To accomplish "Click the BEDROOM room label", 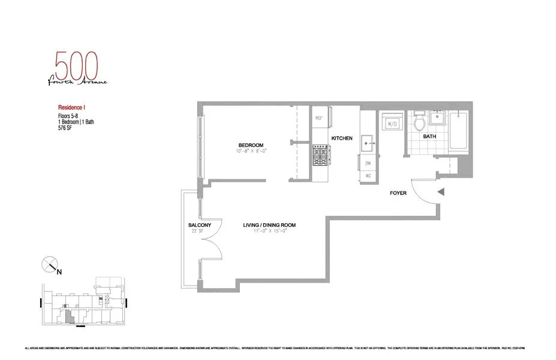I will (251, 145).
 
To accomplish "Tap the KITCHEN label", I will (341, 139).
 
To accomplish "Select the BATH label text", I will (429, 137).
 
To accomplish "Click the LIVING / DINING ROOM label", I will (269, 225).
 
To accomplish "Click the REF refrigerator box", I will (319, 118).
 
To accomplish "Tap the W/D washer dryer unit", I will (393, 124).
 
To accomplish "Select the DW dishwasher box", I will (367, 163).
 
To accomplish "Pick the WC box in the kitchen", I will (367, 176).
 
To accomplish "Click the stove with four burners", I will (319, 157).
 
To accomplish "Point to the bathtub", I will (459, 131).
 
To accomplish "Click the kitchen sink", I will (368, 142).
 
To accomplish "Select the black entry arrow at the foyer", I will (441, 192).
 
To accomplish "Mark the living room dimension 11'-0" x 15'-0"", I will (269, 232).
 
